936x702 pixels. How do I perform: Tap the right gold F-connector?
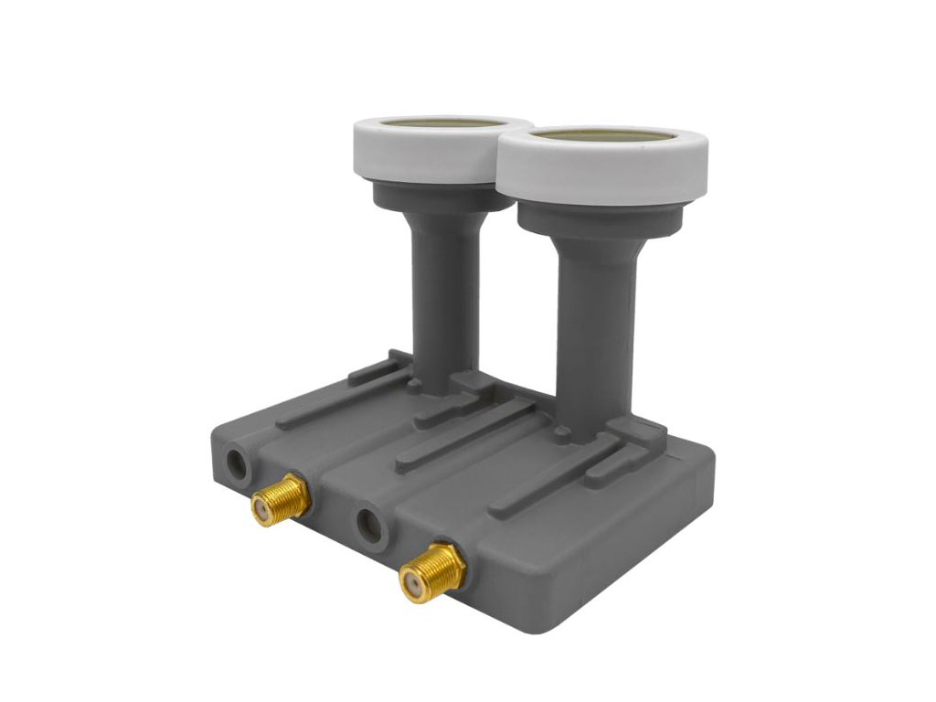[432, 568]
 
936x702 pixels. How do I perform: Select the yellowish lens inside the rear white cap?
[443, 122]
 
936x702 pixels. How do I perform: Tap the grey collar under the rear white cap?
[439, 197]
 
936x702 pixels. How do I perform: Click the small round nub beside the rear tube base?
[416, 387]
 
